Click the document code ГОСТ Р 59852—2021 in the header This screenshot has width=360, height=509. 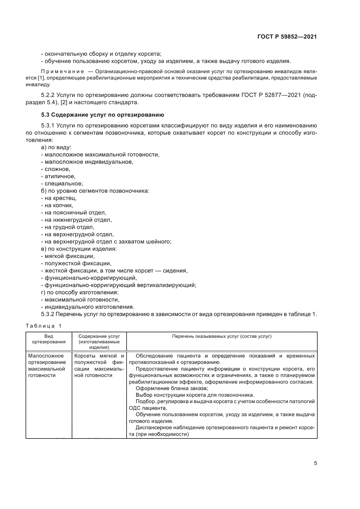287,37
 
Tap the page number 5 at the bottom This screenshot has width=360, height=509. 315,463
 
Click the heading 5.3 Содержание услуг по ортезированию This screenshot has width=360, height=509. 102,115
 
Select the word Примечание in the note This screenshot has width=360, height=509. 63,72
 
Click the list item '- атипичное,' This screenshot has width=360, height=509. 58,176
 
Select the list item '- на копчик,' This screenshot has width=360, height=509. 57,205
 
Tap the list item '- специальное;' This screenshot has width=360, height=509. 62,184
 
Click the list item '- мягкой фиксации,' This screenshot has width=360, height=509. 68,256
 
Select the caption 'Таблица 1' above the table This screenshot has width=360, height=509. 44,326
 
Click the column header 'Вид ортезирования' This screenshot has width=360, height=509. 49,339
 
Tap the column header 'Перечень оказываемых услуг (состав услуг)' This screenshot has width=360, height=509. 222,336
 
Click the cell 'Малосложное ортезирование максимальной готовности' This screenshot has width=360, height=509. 47,366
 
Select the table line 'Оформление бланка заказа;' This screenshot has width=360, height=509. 172,389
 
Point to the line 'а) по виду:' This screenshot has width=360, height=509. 56,147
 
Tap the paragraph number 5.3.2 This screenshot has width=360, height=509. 48,314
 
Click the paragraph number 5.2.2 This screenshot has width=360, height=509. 48,95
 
